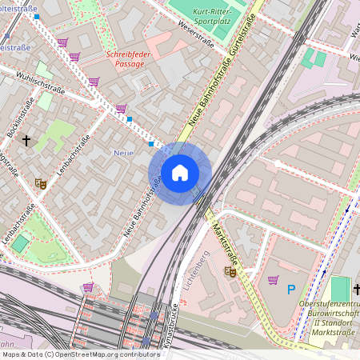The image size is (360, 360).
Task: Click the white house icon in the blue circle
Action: [179, 173]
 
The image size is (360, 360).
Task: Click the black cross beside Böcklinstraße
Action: [26, 141]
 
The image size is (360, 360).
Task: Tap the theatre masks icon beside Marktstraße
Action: [231, 272]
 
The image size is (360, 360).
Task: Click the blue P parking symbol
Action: [292, 290]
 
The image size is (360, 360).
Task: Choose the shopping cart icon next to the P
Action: [273, 280]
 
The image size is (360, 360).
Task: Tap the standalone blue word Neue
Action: [123, 152]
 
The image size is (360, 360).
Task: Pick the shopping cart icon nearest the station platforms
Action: [88, 286]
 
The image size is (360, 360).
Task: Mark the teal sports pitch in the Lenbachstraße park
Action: [19, 244]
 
